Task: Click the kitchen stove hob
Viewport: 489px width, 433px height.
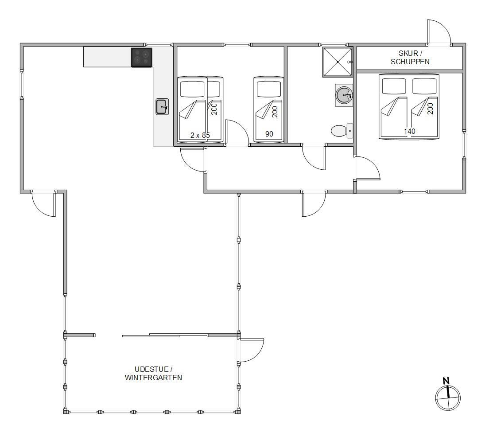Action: pos(142,58)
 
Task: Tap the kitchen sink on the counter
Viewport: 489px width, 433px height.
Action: pos(162,107)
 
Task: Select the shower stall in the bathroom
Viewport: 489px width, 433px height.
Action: pos(338,62)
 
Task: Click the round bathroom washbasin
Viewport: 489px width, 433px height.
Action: pos(344,95)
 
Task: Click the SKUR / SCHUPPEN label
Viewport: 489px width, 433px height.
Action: pos(410,58)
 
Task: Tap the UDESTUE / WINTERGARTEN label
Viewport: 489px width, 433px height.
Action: pos(153,374)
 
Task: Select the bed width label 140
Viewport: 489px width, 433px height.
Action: pos(409,131)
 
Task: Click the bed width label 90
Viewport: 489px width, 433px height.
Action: pos(269,134)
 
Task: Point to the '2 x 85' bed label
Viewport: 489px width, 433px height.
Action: pos(200,135)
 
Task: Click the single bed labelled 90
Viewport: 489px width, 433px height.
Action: pos(269,109)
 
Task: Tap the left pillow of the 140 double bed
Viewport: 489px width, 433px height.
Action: pos(394,86)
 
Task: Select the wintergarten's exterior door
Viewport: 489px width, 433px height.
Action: pos(251,350)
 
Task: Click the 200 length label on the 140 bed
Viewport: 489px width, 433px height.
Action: pos(431,109)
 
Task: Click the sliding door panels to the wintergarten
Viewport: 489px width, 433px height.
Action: pos(165,335)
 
